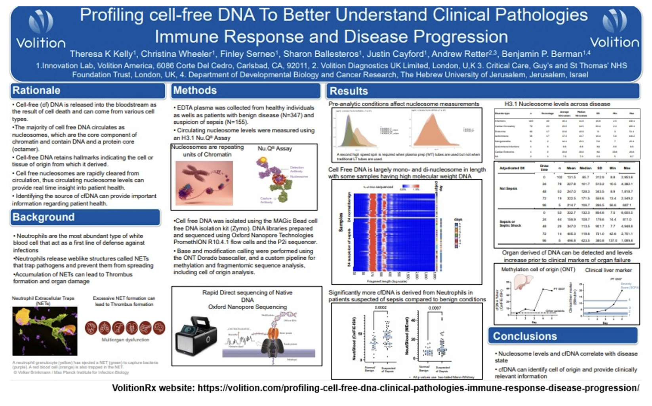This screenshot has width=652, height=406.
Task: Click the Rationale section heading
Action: coord(36,90)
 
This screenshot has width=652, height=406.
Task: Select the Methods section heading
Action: coord(195,90)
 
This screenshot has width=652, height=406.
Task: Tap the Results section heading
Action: coord(349,91)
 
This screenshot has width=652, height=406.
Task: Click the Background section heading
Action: coord(44,217)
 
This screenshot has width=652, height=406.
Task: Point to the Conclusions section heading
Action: coord(525,336)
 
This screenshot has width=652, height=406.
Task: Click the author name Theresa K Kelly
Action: coord(103,54)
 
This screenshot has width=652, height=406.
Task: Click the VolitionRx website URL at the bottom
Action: coord(376,388)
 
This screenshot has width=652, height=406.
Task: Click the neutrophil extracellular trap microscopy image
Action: coord(45,331)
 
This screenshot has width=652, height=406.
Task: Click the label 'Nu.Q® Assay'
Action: coord(275,148)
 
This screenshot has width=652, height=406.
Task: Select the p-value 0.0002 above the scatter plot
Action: coord(380,308)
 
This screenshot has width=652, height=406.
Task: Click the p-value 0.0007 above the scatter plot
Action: coord(435,308)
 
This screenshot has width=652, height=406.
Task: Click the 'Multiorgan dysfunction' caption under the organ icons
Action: coord(125,340)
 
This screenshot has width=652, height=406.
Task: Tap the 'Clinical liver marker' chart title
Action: coord(608,270)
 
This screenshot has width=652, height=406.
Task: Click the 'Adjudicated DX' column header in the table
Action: coord(512,168)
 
